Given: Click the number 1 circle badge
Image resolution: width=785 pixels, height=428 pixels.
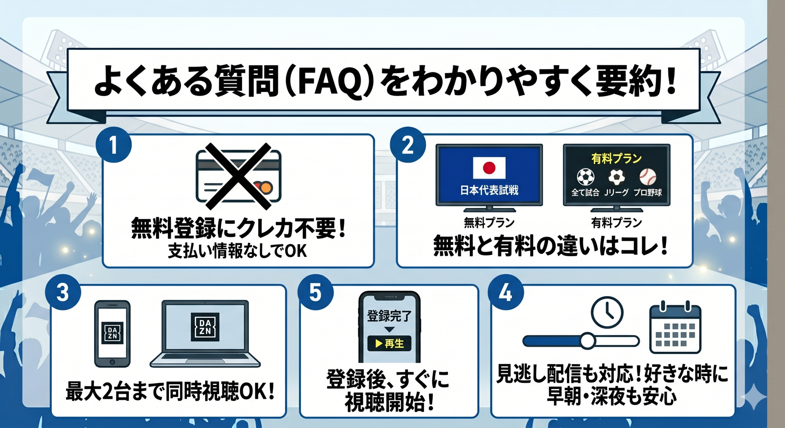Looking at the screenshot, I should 113,145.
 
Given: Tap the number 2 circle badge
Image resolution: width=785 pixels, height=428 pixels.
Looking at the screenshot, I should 408,145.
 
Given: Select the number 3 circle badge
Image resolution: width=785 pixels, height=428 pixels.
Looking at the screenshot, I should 63,292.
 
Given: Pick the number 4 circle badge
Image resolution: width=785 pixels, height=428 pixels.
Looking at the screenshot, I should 505,292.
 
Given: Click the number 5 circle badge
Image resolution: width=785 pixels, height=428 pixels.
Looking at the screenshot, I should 316,292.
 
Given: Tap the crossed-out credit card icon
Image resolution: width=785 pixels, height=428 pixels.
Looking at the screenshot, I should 238,176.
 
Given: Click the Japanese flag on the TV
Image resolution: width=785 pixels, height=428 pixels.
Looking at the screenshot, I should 489,168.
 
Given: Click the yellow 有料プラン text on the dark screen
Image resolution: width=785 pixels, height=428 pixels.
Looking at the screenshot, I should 616,159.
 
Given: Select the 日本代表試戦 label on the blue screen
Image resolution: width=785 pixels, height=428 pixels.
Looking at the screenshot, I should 489,190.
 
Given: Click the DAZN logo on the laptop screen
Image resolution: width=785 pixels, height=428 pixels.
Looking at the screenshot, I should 205,327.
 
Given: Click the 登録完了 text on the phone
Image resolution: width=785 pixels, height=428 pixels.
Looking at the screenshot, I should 389,316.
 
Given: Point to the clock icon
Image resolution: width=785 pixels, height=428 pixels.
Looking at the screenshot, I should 607,312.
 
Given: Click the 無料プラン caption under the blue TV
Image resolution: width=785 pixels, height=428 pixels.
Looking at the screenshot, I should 489,223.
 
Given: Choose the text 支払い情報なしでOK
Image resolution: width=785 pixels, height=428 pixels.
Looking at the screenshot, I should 238,251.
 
